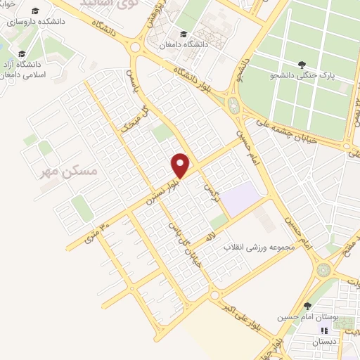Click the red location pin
pos(181,165)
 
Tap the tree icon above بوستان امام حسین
pos(307,306)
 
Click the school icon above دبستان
pos(324,330)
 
